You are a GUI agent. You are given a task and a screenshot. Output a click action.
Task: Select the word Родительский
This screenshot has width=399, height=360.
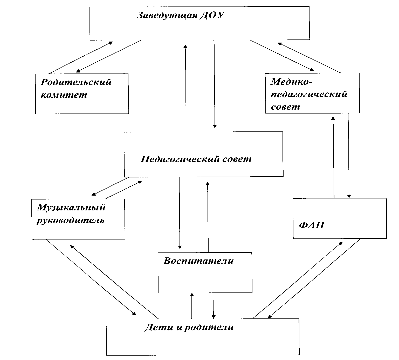(x=76, y=83)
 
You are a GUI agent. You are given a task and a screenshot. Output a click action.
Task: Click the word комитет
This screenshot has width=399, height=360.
(x=64, y=95)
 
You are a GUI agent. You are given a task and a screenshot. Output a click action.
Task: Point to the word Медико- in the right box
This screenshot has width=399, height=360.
(x=292, y=82)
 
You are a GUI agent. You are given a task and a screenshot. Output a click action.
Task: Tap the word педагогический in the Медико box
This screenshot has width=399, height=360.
(x=309, y=94)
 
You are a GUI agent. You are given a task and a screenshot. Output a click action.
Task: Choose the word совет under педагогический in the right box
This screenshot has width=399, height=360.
(x=285, y=107)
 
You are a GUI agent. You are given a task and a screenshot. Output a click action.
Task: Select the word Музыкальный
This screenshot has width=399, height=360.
(x=71, y=208)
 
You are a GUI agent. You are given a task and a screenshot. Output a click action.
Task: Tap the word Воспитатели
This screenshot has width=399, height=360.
(x=198, y=261)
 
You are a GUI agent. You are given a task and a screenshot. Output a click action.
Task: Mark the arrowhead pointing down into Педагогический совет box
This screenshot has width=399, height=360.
(x=215, y=126)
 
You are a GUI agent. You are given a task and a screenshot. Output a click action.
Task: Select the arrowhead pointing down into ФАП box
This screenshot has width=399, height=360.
(x=349, y=196)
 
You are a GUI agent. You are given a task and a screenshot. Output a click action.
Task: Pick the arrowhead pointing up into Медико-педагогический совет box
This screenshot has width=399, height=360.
(x=333, y=118)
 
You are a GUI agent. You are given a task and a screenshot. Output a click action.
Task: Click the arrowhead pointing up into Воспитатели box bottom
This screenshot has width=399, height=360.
(x=192, y=295)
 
